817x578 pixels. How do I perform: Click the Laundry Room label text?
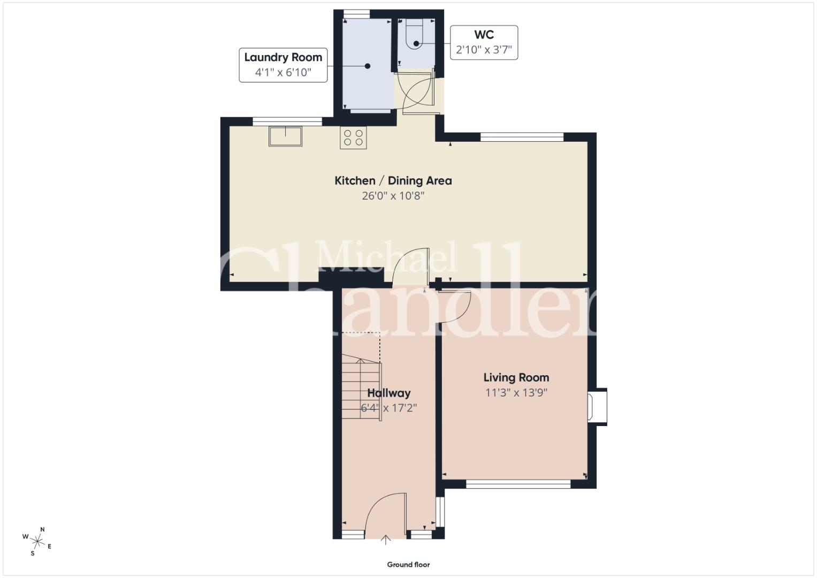pos(283,57)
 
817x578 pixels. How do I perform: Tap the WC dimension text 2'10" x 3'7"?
pos(484,50)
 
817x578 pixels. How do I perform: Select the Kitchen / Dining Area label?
pos(393,181)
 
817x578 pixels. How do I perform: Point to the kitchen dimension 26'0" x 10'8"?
pos(393,196)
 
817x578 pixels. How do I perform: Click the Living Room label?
pos(516,377)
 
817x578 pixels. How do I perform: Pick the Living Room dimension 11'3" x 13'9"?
pos(516,393)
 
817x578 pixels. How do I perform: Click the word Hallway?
pos(389,393)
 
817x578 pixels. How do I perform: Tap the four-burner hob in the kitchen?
pos(353,138)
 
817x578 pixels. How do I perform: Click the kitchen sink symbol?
pos(285,136)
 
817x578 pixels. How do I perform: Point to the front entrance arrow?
pos(386,540)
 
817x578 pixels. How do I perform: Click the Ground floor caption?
pos(408,565)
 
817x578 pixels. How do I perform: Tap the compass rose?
pos(37,541)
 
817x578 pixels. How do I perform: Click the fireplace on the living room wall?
pos(598,407)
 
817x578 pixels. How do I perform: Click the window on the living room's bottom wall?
pos(518,484)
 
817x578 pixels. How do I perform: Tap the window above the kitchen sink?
pos(287,121)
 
